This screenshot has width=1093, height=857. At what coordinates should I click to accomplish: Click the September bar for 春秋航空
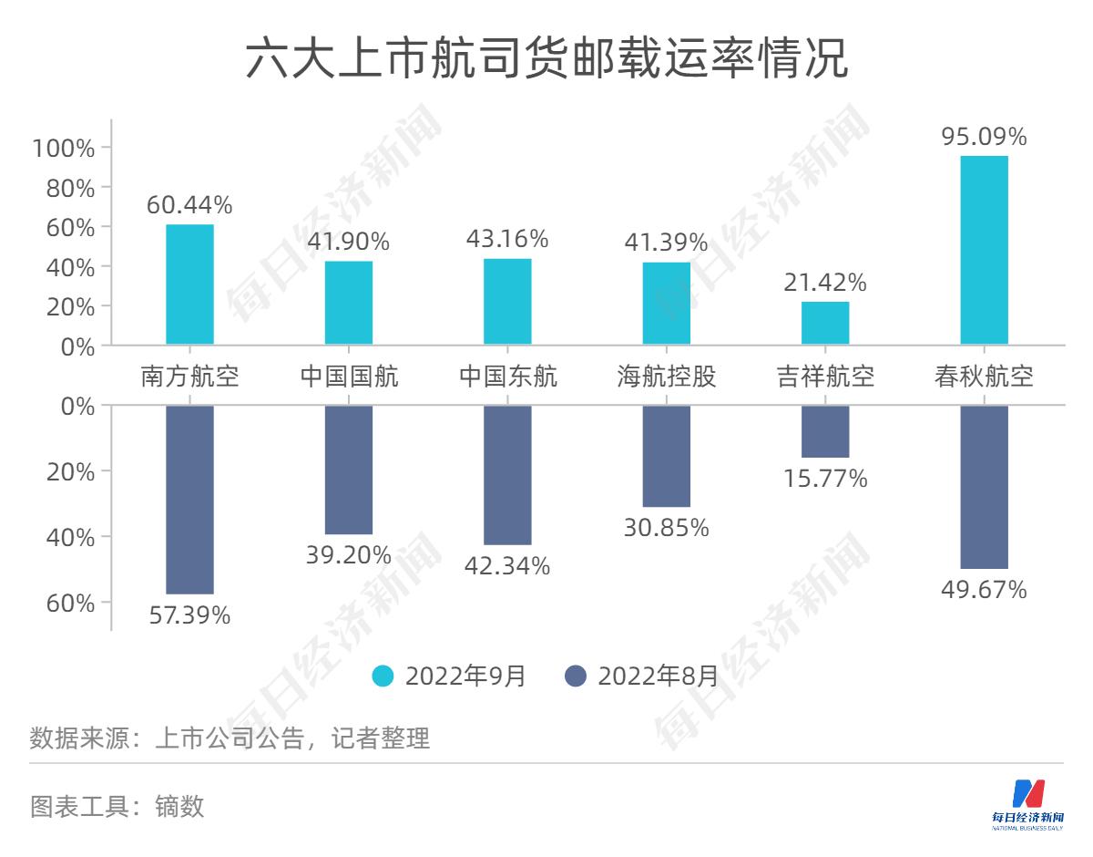tap(985, 251)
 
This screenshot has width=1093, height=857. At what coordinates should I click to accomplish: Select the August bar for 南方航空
tap(189, 500)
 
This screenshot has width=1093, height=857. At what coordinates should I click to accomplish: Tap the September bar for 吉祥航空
tap(825, 323)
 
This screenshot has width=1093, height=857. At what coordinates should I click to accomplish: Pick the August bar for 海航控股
tap(667, 456)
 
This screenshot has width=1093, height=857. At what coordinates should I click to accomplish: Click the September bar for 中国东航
tap(507, 302)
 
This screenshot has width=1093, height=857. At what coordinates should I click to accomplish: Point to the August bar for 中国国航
tap(349, 470)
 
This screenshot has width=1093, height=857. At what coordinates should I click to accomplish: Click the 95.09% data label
tap(985, 137)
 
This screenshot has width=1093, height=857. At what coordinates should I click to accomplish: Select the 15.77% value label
tap(825, 478)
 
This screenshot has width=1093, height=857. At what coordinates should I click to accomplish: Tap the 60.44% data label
tap(189, 206)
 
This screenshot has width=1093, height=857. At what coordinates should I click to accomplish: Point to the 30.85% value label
tap(667, 527)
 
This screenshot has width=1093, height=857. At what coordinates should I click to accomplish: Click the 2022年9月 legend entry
tap(450, 676)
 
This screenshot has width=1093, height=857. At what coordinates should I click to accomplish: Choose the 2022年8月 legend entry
tap(642, 676)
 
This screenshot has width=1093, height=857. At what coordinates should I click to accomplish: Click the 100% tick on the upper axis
tap(64, 148)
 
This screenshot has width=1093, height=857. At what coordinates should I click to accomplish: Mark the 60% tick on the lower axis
tap(71, 603)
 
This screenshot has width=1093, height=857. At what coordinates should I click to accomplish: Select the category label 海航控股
tap(667, 376)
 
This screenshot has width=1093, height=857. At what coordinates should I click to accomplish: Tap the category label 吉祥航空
tap(825, 376)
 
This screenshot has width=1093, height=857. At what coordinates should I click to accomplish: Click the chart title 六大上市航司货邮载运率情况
tap(546, 60)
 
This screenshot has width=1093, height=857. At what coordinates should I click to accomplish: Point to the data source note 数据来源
tap(230, 738)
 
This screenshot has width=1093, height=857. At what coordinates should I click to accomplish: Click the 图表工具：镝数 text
tap(117, 806)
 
